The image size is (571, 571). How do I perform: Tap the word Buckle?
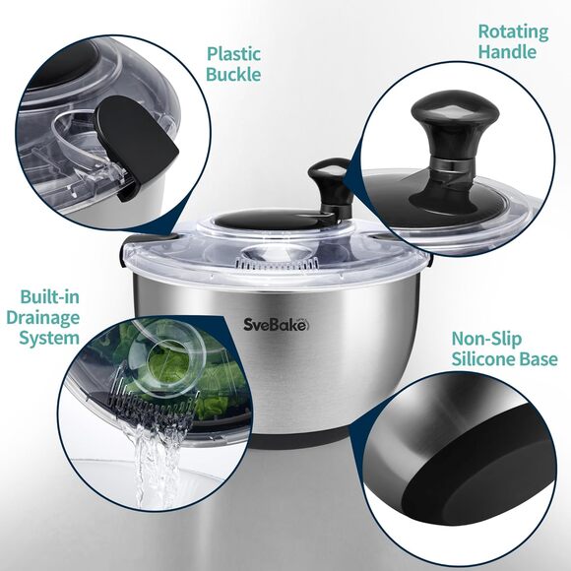point(234,74)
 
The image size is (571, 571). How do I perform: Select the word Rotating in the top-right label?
point(512,32)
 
